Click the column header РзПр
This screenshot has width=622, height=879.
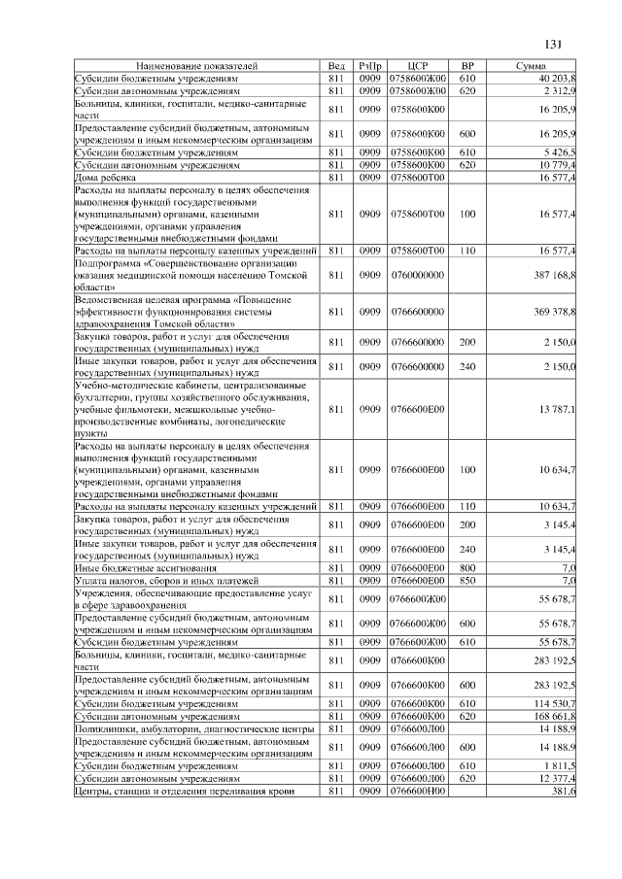(369, 65)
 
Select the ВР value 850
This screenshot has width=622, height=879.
(466, 580)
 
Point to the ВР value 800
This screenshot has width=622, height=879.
(466, 567)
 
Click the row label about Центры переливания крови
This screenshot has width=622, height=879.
(184, 792)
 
